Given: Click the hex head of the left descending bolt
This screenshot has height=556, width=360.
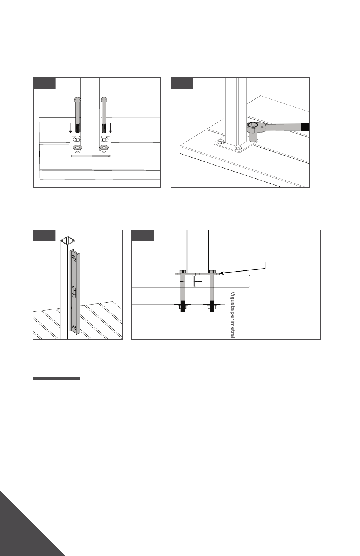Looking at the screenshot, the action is point(77,100).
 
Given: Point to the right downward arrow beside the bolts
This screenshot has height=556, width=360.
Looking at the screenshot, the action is point(111,128).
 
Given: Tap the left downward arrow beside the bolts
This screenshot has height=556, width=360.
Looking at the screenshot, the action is point(70,128).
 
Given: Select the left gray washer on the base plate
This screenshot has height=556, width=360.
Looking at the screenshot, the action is point(77,148).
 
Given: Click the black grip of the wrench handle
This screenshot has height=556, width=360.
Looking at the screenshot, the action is point(305,127).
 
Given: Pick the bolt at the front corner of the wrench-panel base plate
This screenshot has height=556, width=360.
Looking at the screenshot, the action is point(238,148).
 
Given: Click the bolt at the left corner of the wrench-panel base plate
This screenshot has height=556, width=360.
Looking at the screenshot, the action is point(220,142).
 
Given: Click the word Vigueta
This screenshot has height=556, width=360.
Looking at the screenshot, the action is point(233,300).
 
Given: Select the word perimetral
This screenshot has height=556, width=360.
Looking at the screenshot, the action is point(233,325).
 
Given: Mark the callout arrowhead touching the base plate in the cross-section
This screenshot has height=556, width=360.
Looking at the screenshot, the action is point(221,273).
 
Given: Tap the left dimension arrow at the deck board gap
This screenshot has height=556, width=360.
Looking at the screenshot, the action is point(180,281).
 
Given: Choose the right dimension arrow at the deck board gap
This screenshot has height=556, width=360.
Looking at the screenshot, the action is point(198,281).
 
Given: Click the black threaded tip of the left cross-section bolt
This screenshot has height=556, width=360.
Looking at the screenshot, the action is point(183,306).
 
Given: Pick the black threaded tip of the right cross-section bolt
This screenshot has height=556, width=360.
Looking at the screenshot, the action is point(212,306).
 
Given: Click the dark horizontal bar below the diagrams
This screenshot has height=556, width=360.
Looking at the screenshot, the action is point(56,378).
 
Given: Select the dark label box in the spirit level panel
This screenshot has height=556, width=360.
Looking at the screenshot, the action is point(44,236).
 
